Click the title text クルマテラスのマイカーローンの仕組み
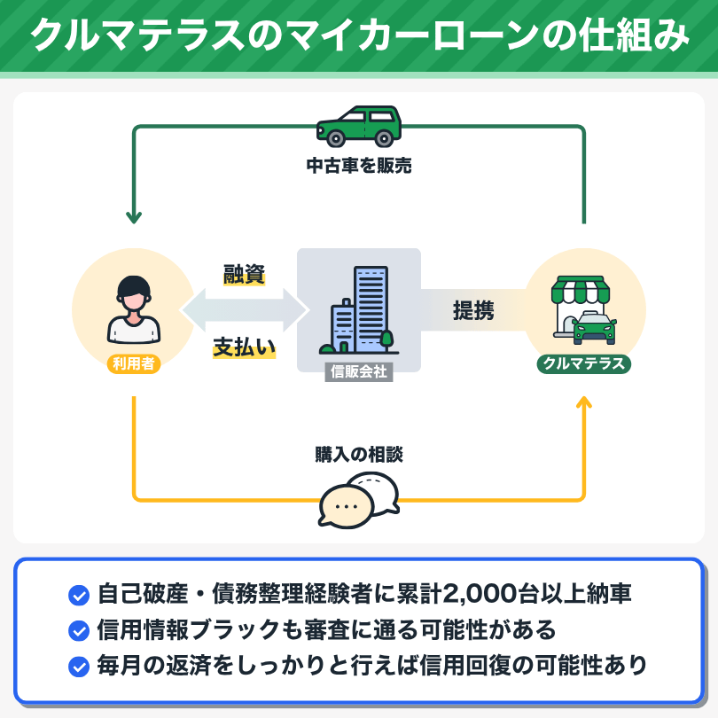[x=359, y=35]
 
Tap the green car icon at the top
[x=359, y=127]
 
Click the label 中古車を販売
[x=359, y=165]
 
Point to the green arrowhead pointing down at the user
[x=134, y=217]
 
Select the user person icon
[x=134, y=309]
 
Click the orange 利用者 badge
[x=134, y=363]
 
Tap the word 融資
[x=244, y=274]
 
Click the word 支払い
[x=244, y=347]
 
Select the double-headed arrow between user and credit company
[x=244, y=310]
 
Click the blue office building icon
[x=359, y=310]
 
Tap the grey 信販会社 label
[x=359, y=371]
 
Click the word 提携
[x=473, y=310]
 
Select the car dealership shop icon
[x=584, y=309]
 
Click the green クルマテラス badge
[x=584, y=363]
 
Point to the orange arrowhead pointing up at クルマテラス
[x=584, y=402]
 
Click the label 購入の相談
[x=359, y=454]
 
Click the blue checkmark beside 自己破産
[x=79, y=596]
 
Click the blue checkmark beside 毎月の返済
[x=79, y=667]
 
